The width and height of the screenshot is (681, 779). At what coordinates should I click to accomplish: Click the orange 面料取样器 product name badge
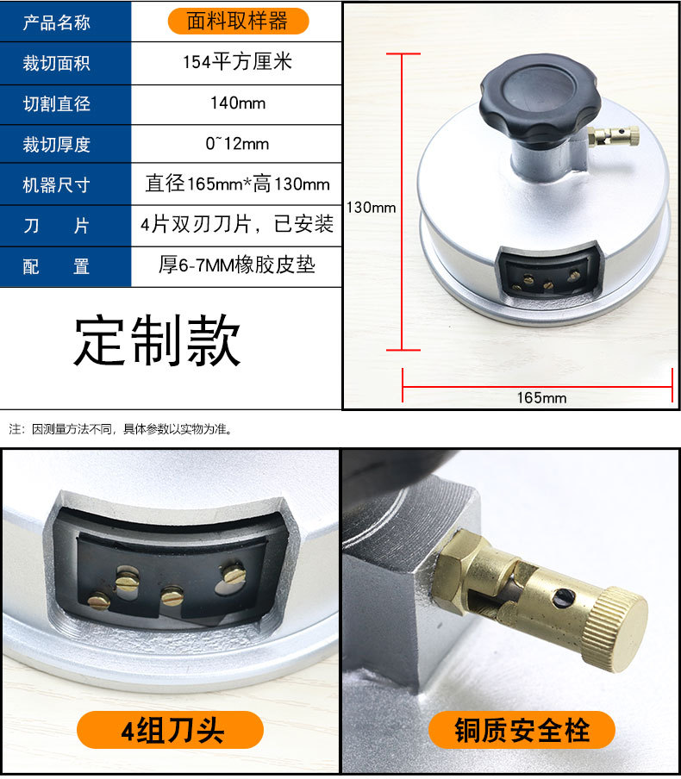click(236, 21)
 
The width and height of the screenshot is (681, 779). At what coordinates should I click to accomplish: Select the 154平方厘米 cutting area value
click(237, 63)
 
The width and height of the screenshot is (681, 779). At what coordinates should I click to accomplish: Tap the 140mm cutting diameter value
click(237, 103)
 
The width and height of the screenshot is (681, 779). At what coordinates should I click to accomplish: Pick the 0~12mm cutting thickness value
click(237, 144)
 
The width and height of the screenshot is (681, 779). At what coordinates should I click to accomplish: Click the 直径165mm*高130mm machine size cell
click(237, 184)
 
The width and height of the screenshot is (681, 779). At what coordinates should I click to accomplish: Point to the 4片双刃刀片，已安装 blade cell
click(237, 225)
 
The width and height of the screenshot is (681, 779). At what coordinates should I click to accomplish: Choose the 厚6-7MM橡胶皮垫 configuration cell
click(237, 265)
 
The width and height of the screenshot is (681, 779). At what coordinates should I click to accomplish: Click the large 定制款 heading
click(157, 341)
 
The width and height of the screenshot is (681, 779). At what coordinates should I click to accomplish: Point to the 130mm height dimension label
click(371, 207)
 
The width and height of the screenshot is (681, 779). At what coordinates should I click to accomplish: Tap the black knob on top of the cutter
click(528, 102)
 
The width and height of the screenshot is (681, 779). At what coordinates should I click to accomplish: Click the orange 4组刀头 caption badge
click(170, 730)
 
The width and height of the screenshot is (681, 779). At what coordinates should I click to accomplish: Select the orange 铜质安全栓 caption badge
click(522, 730)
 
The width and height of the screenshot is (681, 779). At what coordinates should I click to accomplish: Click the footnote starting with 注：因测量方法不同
click(121, 428)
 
